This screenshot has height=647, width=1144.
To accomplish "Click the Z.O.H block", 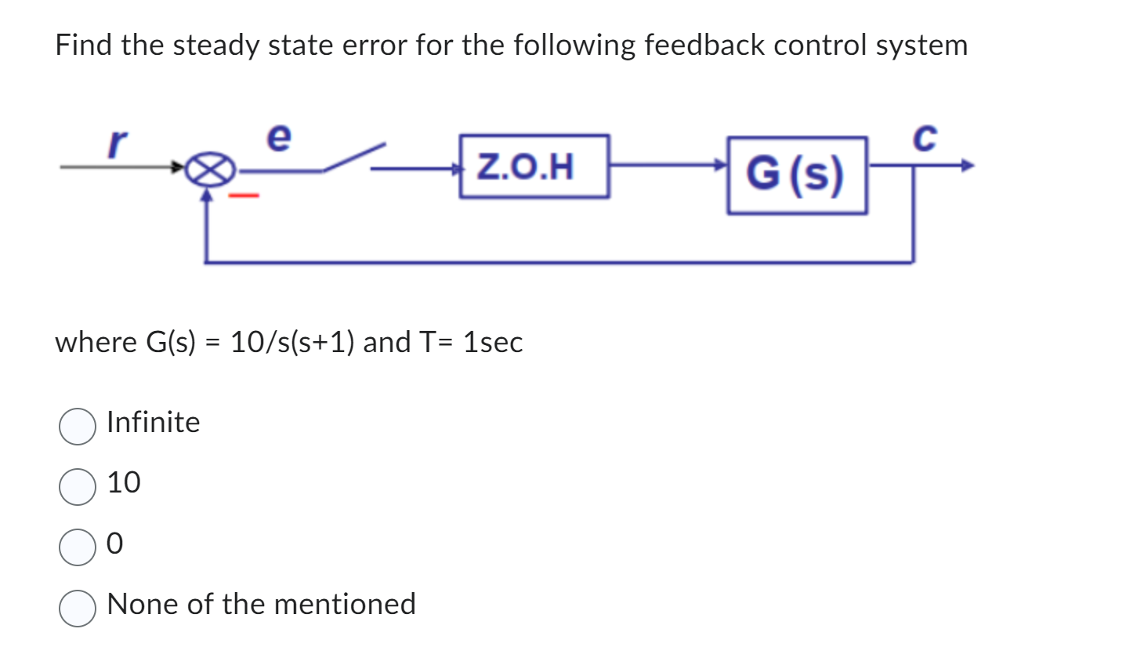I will pyautogui.click(x=534, y=166).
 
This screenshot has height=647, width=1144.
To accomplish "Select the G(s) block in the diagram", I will pyautogui.click(x=796, y=175).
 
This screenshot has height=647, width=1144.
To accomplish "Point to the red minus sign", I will pyautogui.click(x=243, y=194).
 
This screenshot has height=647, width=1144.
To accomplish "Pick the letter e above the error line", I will pyautogui.click(x=279, y=137).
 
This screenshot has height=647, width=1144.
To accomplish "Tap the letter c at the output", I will pyautogui.click(x=925, y=139).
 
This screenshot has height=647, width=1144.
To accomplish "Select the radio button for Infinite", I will pyautogui.click(x=78, y=426).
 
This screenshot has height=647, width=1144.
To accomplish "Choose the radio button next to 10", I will pyautogui.click(x=78, y=486).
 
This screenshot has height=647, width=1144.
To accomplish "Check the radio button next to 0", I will pyautogui.click(x=78, y=547).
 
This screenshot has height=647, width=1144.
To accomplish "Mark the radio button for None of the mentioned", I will pyautogui.click(x=78, y=608).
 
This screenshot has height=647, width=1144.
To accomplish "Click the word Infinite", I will pyautogui.click(x=153, y=423).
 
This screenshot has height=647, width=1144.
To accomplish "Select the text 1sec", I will pyautogui.click(x=492, y=342).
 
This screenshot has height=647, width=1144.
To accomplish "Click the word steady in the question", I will pyautogui.click(x=215, y=45).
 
